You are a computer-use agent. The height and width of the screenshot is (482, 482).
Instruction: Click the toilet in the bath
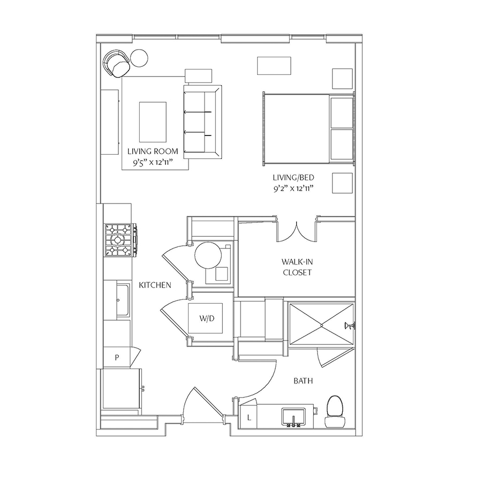click(x=334, y=412)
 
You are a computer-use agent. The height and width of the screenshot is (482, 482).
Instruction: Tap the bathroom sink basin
click(x=293, y=417)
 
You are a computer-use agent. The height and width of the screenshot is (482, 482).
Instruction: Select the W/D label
click(x=207, y=319)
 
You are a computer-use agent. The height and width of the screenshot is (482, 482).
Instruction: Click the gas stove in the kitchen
click(x=120, y=240)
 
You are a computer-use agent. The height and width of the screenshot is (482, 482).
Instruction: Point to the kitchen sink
click(x=123, y=300)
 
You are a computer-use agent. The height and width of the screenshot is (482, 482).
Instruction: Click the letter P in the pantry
click(x=117, y=358)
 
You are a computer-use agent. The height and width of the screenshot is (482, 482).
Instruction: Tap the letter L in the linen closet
click(x=249, y=418)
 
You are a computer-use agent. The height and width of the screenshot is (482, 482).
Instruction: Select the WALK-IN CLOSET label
click(x=297, y=267)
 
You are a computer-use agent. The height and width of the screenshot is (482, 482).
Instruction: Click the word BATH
click(x=303, y=381)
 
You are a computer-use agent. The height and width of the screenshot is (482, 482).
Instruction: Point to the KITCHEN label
click(x=155, y=285)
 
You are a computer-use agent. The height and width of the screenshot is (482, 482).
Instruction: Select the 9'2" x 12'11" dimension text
click(x=293, y=188)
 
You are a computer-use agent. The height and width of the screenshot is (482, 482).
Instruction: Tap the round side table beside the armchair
click(x=139, y=57)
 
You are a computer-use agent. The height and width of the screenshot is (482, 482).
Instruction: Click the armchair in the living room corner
click(x=116, y=64)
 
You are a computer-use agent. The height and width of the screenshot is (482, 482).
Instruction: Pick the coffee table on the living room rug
click(x=153, y=122)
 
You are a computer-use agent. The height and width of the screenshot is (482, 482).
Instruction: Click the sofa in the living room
click(x=202, y=122)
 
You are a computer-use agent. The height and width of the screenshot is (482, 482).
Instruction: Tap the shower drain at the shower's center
click(x=321, y=325)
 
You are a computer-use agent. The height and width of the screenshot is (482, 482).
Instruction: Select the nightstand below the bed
click(x=342, y=183)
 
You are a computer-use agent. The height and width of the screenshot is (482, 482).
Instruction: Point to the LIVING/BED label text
click(x=293, y=177)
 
